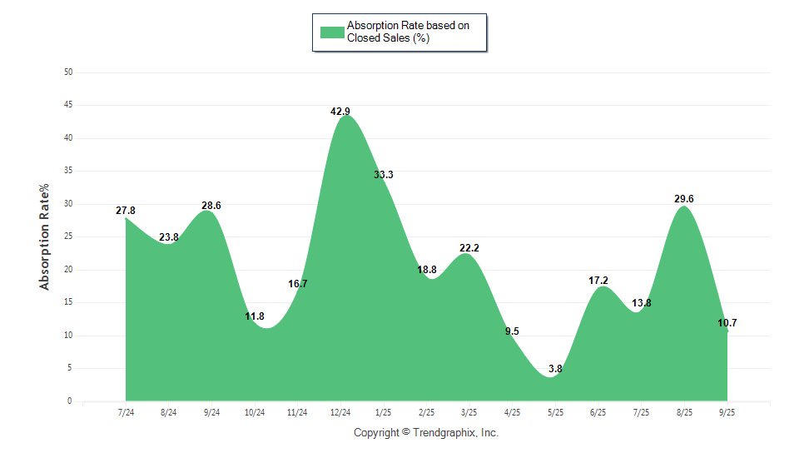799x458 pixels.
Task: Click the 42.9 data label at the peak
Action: tap(340, 111)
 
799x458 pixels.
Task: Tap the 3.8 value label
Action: tap(555, 368)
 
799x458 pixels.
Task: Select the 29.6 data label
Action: tap(684, 199)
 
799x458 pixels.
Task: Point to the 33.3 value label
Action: tap(384, 175)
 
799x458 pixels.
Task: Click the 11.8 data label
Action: tap(255, 316)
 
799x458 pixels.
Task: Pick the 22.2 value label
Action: tap(469, 248)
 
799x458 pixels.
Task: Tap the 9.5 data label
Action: tap(512, 331)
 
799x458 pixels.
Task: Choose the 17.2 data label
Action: tap(598, 281)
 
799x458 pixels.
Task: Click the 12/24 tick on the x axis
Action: tap(340, 413)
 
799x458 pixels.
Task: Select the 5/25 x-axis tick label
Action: tap(555, 413)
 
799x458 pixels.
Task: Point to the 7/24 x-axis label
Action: tap(126, 413)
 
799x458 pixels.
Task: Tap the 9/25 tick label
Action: tap(727, 413)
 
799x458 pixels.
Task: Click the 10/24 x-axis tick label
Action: tap(255, 413)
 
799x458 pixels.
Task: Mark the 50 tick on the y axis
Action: tap(68, 72)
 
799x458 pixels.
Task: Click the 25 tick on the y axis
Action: tap(68, 236)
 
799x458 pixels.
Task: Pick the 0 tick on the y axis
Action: tap(71, 401)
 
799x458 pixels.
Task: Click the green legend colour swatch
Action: tap(332, 32)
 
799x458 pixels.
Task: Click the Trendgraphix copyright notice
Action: tap(425, 433)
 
